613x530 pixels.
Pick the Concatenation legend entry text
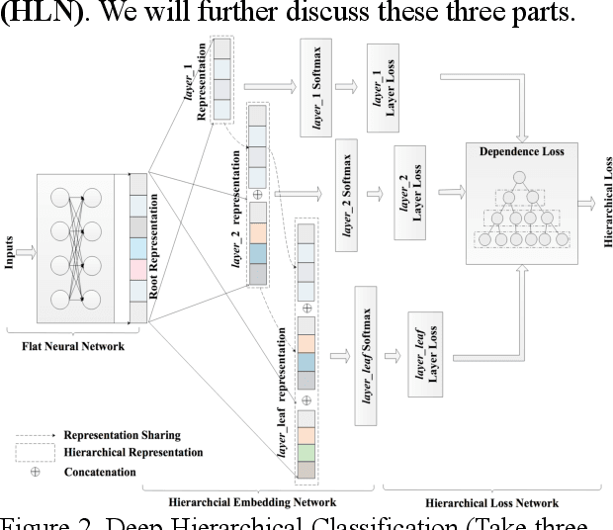click(99, 472)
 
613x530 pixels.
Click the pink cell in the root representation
click(137, 269)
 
